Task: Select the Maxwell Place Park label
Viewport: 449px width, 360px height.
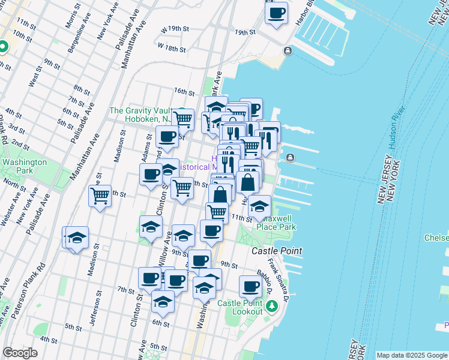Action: click(x=276, y=223)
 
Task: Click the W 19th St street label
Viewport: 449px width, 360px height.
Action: click(x=175, y=28)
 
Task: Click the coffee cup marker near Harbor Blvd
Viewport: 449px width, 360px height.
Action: click(x=276, y=13)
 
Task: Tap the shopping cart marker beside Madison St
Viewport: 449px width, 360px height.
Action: click(x=100, y=195)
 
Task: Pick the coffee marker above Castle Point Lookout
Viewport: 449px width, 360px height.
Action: click(x=250, y=286)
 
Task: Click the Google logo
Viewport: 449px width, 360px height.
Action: click(x=20, y=353)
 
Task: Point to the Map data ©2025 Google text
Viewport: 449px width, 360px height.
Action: click(x=411, y=355)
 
